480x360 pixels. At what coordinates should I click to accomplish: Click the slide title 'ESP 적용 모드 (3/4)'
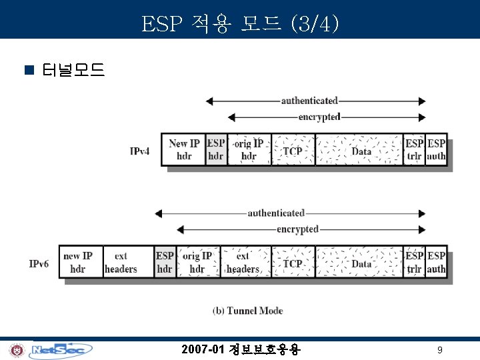[240, 25]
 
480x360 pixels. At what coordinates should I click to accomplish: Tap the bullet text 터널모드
[73, 69]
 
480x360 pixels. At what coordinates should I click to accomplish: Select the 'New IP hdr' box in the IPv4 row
[184, 150]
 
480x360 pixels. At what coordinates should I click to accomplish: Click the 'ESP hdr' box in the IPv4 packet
[216, 150]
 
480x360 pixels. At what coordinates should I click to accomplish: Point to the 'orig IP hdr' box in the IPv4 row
[249, 150]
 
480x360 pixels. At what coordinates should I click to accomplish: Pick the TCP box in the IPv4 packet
[293, 151]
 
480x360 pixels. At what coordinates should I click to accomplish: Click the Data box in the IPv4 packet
[361, 151]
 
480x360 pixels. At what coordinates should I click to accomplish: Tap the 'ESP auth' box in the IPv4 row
[437, 150]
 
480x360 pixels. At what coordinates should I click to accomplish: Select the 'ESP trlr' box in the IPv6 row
[414, 263]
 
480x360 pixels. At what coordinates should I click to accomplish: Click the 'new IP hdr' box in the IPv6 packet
[78, 263]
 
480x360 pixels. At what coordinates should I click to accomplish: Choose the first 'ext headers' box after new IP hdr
[121, 263]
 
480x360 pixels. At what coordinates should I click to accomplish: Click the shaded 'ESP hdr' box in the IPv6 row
[165, 263]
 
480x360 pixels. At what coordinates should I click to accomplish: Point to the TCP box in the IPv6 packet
[293, 263]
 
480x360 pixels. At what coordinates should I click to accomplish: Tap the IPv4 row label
[140, 151]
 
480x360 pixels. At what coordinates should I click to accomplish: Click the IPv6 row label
[39, 264]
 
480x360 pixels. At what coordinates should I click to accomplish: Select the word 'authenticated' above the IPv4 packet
[309, 101]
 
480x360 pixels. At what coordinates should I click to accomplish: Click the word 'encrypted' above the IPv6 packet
[298, 229]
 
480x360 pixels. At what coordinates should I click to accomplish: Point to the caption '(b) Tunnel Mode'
[247, 311]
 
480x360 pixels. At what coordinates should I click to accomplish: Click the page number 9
[439, 350]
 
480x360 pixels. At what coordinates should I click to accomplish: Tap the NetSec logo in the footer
[61, 349]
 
